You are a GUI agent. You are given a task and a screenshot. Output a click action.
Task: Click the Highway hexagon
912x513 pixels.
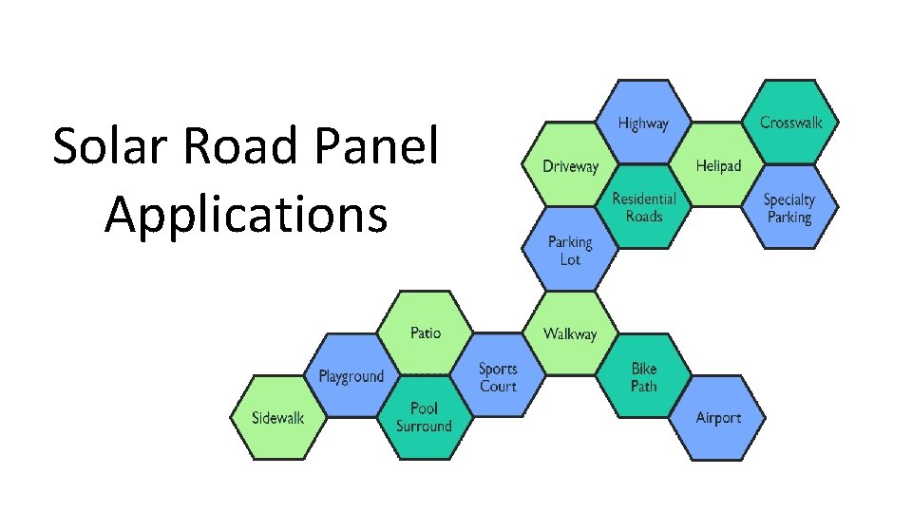pyautogui.click(x=643, y=123)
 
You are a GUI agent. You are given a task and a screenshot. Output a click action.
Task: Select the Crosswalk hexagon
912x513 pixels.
pyautogui.click(x=790, y=123)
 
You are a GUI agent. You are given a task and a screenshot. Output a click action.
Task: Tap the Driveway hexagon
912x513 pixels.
pyautogui.click(x=570, y=166)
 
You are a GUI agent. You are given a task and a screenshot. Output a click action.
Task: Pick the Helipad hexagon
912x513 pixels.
pyautogui.click(x=717, y=166)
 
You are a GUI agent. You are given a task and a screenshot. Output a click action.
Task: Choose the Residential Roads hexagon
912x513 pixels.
pyautogui.click(x=643, y=207)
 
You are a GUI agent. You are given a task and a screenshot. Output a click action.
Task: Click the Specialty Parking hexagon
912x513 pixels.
pyautogui.click(x=789, y=208)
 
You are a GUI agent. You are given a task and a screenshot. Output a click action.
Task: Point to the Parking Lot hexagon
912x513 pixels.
pyautogui.click(x=570, y=250)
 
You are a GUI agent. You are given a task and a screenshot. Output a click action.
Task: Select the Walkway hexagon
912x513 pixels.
pyautogui.click(x=570, y=333)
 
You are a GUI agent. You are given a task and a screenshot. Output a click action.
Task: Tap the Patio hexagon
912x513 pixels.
pyautogui.click(x=425, y=332)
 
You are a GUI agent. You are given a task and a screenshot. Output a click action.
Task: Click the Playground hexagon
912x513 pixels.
pyautogui.click(x=351, y=376)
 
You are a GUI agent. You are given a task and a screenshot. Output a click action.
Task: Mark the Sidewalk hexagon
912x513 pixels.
pyautogui.click(x=277, y=418)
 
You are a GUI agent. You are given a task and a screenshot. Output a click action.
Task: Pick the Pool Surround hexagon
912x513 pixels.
pyautogui.click(x=425, y=417)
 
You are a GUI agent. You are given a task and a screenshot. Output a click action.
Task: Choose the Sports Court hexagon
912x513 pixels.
pyautogui.click(x=498, y=376)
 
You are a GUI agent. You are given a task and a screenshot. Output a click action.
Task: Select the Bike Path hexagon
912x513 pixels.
pyautogui.click(x=643, y=376)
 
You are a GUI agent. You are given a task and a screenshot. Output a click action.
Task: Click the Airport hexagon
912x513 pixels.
pyautogui.click(x=717, y=418)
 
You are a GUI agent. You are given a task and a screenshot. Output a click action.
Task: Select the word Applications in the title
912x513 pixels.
pyautogui.click(x=246, y=215)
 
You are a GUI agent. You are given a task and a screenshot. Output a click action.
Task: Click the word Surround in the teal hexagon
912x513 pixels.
pyautogui.click(x=425, y=427)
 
